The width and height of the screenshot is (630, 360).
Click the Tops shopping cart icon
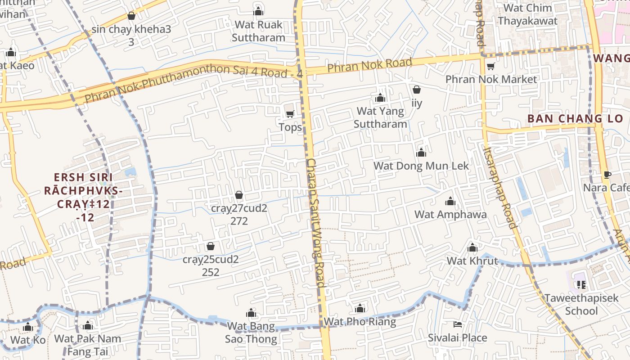[x=290, y=114]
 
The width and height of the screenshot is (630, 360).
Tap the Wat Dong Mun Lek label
[x=421, y=166]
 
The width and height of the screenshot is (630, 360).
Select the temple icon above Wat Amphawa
[x=450, y=202]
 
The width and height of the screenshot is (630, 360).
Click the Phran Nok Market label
[x=491, y=80]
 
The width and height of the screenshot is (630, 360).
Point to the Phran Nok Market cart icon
[x=490, y=67]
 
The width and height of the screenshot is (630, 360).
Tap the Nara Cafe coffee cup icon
[x=607, y=175]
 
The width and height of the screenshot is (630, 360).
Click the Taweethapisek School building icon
[x=581, y=284]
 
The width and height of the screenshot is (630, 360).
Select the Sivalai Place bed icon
[x=457, y=324]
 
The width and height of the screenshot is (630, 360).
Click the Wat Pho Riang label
[x=360, y=322]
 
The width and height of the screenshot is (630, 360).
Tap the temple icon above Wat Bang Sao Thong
[x=251, y=313]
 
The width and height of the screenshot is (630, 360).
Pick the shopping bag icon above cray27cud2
[x=239, y=195]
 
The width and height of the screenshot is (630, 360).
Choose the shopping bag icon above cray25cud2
[x=210, y=246]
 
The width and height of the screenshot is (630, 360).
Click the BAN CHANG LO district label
[x=575, y=119]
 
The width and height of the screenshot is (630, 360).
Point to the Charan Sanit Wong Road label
[x=316, y=223]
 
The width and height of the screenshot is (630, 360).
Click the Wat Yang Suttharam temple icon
[x=380, y=98]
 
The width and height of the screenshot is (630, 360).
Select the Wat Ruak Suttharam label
[x=258, y=31]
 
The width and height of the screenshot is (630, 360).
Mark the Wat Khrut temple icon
[x=472, y=248]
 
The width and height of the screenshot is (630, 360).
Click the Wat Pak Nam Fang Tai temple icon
[x=88, y=325]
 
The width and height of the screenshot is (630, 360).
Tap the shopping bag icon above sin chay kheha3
[x=131, y=16]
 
